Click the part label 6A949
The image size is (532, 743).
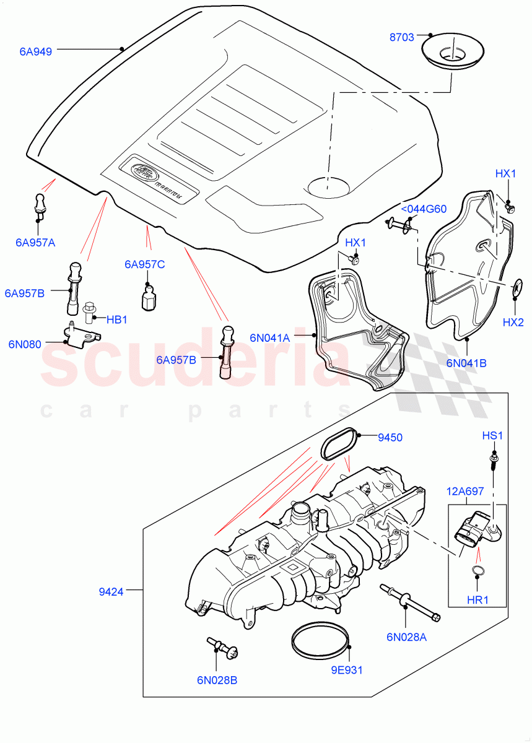(x=35, y=52)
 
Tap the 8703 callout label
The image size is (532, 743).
(x=401, y=38)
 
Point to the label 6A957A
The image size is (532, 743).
(x=35, y=242)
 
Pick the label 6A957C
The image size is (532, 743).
(x=144, y=264)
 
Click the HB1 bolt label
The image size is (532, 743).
(x=116, y=319)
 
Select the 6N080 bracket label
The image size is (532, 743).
(x=25, y=344)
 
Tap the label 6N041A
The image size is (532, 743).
(x=270, y=337)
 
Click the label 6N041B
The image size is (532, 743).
(x=466, y=363)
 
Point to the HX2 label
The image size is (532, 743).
(x=513, y=323)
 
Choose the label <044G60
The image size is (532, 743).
(x=424, y=209)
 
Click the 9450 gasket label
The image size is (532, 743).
(x=390, y=437)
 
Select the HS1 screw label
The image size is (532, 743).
(x=492, y=436)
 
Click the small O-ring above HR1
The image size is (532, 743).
(x=476, y=570)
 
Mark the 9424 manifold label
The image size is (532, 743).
(x=111, y=591)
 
